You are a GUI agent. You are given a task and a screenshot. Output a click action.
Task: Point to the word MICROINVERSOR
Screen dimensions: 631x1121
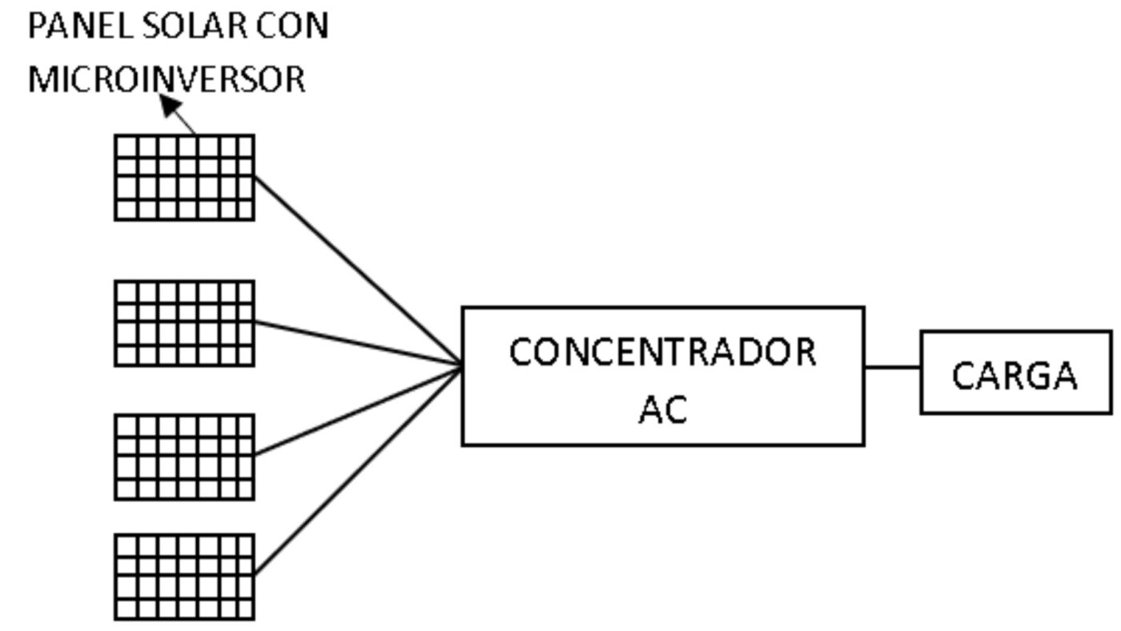coord(167,79)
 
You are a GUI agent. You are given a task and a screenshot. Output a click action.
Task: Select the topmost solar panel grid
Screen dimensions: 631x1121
coord(184,177)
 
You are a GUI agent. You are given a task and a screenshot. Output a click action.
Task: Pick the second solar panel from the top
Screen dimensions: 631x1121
coord(184,323)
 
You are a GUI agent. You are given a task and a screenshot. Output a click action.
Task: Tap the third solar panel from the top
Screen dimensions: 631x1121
coord(184,456)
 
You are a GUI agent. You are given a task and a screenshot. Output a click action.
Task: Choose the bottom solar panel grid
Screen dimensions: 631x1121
coord(184,577)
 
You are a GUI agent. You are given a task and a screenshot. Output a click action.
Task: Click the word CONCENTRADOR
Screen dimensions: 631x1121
coord(662,353)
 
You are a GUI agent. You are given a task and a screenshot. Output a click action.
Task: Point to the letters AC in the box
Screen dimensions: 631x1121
coord(662,410)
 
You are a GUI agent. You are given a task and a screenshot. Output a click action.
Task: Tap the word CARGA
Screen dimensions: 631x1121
coord(1015,376)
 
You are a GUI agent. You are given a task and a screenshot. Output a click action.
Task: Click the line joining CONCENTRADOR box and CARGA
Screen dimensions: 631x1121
coord(892,368)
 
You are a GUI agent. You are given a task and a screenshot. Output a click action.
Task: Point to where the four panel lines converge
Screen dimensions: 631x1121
coord(460,367)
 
